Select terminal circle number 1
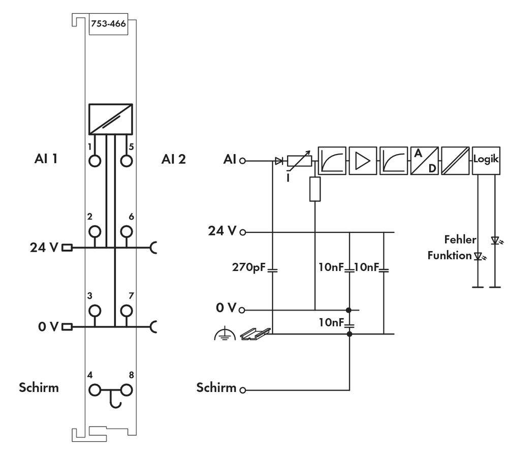[x=95, y=161]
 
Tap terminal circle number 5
[x=126, y=161]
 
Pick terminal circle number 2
[x=95, y=232]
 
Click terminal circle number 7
[x=126, y=310]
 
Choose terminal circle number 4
[x=95, y=390]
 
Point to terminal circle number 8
[x=126, y=390]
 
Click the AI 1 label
[x=45, y=159]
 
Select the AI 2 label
[x=174, y=159]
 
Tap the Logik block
[x=486, y=159]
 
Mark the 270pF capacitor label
[x=249, y=267]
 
